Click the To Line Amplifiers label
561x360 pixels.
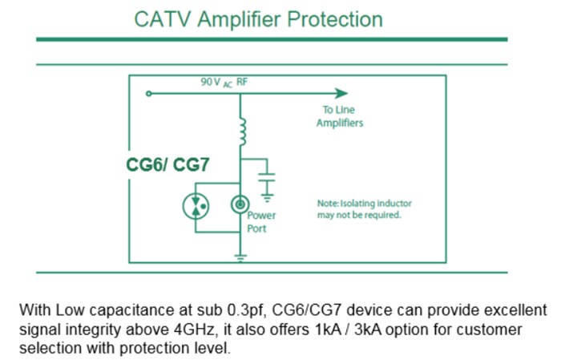(340, 117)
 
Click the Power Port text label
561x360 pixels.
(261, 222)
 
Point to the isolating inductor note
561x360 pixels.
(365, 209)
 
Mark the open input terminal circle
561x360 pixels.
(147, 94)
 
